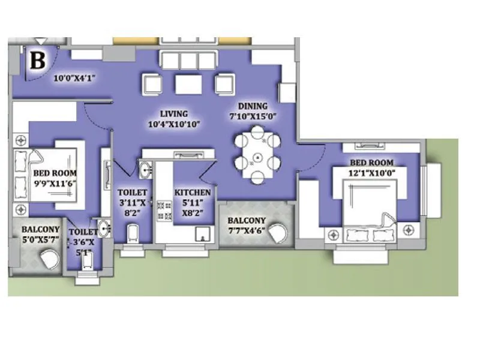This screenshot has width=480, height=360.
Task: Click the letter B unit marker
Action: pos(38,60)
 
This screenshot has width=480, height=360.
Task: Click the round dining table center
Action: pos(257,158)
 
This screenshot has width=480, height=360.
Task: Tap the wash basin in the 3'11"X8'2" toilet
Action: pos(146,171)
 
